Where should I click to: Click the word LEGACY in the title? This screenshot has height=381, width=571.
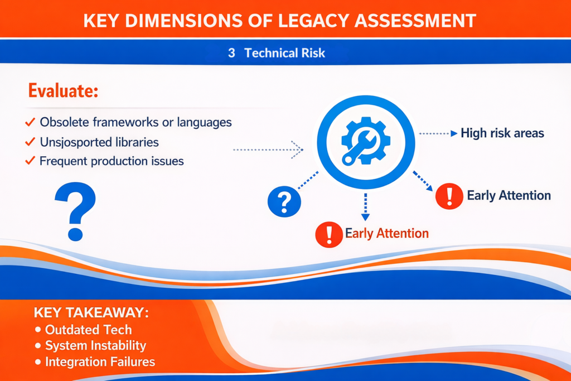[313, 21]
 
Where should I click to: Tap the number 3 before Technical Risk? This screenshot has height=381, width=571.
[231, 53]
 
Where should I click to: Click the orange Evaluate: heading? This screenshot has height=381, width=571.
[64, 91]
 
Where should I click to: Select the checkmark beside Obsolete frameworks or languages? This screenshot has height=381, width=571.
[30, 122]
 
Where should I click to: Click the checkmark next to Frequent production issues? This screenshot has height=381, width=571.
[30, 161]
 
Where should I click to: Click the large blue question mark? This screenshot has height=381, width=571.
[75, 211]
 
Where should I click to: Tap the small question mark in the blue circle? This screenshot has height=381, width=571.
[284, 201]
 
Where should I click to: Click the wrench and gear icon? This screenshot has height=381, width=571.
[366, 141]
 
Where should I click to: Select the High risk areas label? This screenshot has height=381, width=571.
[502, 133]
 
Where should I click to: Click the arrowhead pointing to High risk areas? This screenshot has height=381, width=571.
[454, 133]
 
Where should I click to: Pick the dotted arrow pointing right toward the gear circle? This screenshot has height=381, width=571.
[268, 149]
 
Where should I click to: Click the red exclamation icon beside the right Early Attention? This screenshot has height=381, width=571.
[449, 196]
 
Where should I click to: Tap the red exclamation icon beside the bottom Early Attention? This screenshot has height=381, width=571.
[329, 235]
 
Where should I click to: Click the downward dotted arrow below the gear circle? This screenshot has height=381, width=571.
[366, 207]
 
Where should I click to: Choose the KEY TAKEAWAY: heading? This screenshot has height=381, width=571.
[91, 312]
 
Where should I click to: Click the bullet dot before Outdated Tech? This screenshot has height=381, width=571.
[38, 330]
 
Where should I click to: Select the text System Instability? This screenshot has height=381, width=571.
[95, 346]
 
